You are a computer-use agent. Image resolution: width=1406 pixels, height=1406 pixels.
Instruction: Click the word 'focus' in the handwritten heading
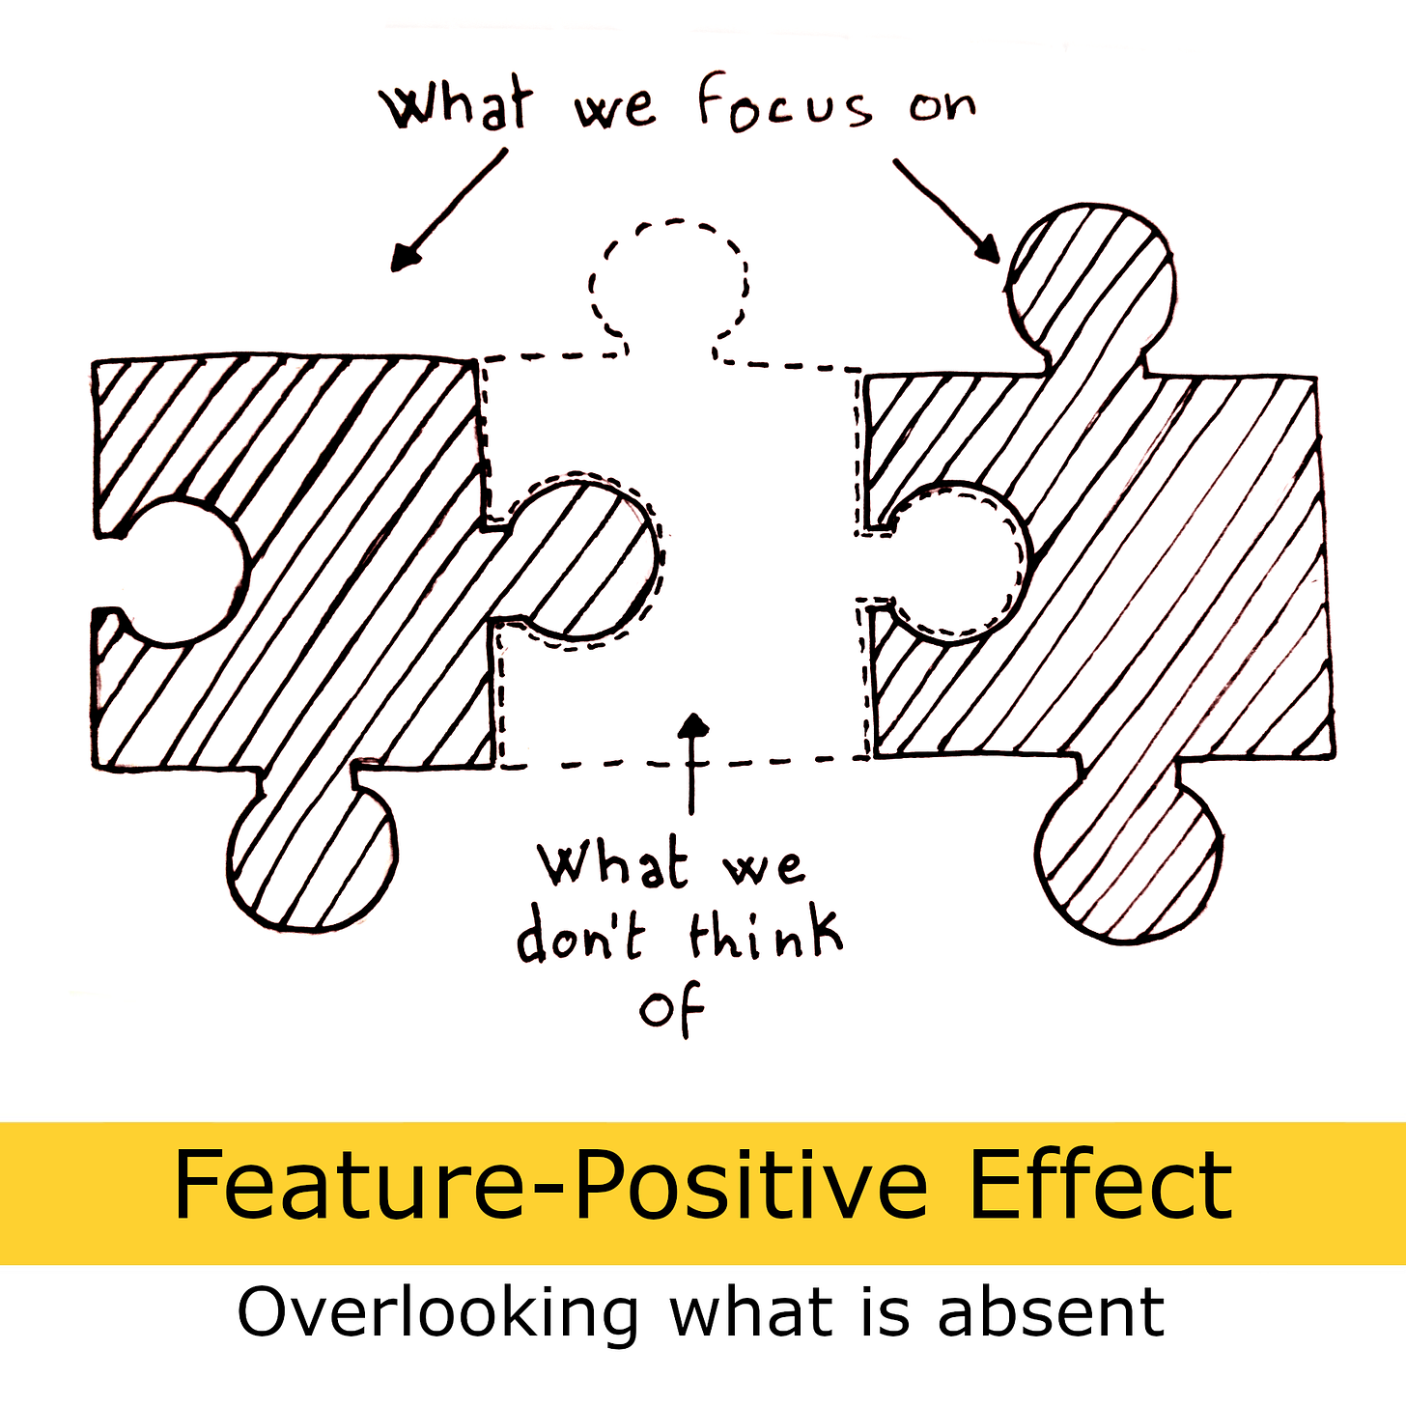pos(782,103)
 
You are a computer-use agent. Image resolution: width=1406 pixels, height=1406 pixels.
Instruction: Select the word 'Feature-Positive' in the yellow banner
pos(549,1186)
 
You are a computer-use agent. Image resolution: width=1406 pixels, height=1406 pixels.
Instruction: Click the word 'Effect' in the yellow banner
pos(1100,1186)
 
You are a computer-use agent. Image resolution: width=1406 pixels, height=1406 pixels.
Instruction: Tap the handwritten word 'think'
pos(765,934)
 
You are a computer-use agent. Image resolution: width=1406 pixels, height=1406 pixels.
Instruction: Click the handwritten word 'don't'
pos(579,935)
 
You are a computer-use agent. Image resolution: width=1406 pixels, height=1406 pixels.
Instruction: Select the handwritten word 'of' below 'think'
pos(672,1009)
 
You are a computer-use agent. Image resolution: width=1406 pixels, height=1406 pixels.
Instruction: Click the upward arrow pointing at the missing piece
pos(691,763)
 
